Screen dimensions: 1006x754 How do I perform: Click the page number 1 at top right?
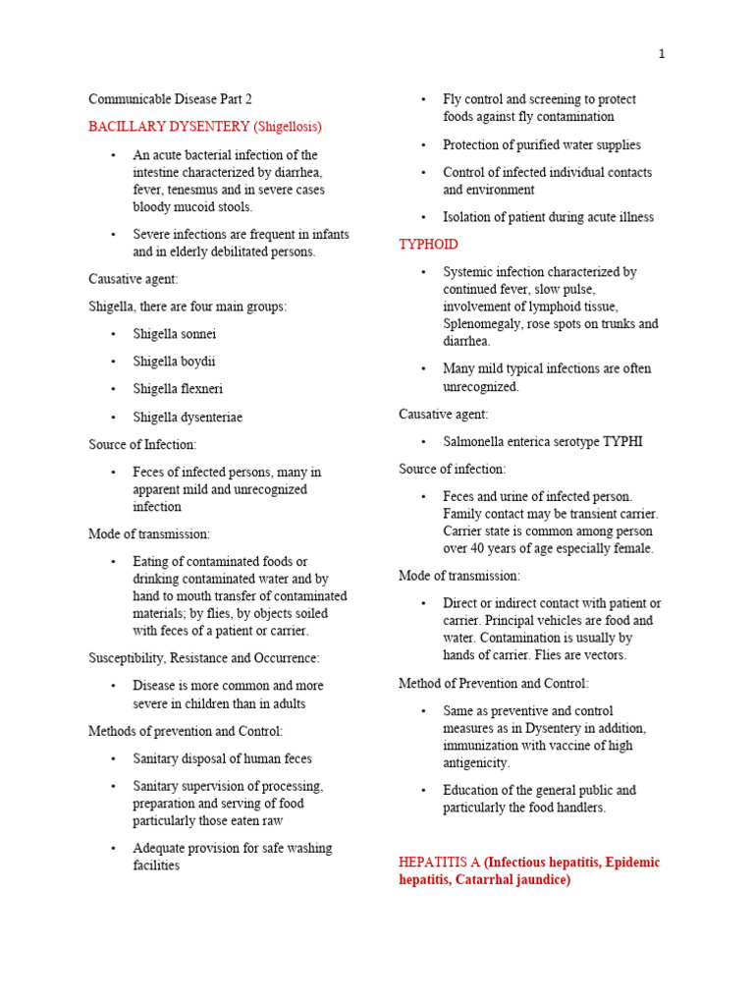[x=662, y=54]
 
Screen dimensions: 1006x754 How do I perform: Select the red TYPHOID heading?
[x=428, y=245]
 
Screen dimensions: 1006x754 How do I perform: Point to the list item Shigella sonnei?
[x=174, y=334]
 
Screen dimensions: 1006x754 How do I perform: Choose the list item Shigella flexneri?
[x=178, y=389]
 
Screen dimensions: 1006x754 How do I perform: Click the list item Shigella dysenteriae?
[x=188, y=417]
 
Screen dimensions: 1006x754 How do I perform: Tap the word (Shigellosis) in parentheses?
[x=287, y=127]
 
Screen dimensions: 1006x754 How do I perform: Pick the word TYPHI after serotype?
[x=621, y=441]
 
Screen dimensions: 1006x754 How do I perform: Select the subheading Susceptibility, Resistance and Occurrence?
[x=203, y=658]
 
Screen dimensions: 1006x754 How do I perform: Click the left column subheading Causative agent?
[x=134, y=279]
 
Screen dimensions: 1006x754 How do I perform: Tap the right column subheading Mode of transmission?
[x=459, y=576]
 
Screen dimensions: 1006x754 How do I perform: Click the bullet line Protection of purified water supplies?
[x=541, y=144]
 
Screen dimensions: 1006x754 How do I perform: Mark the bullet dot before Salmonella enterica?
[x=423, y=442]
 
